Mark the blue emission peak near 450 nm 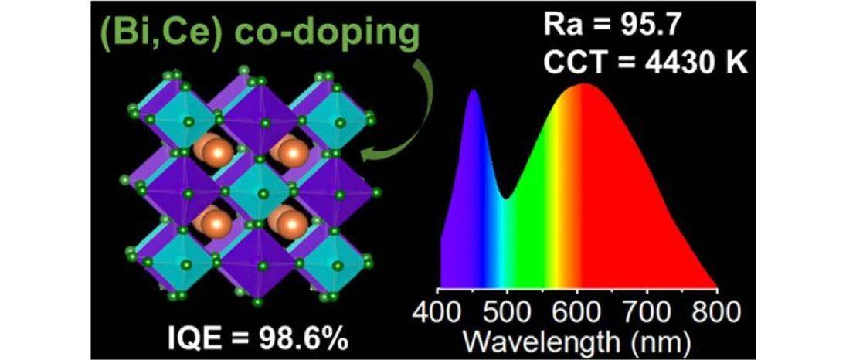coord(473,92)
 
